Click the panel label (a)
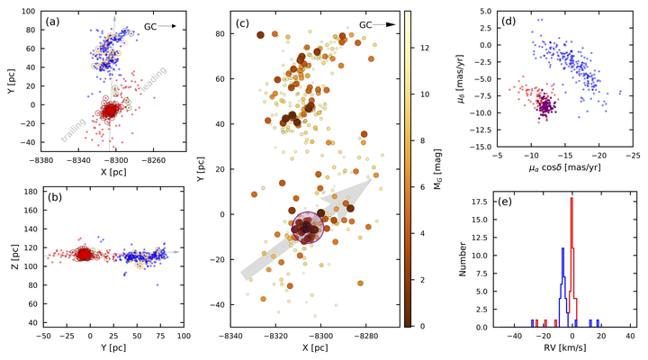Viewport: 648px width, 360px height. (x=52, y=21)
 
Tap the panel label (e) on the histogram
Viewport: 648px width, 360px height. (x=505, y=202)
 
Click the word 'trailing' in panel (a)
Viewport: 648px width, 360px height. (x=73, y=130)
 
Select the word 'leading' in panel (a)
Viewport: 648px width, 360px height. (x=154, y=79)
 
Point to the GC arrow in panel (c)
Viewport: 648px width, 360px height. (x=385, y=24)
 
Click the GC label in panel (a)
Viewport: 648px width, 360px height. (x=150, y=26)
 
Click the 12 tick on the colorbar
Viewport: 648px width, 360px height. (x=425, y=48)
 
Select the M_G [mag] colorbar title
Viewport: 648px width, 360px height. (x=437, y=169)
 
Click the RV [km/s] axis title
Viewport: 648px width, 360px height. (x=562, y=347)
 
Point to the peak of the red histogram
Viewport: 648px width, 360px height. (x=571, y=198)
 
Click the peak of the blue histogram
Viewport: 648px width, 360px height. (x=562, y=248)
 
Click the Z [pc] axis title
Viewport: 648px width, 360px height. (x=15, y=257)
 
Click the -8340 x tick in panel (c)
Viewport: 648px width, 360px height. (x=231, y=337)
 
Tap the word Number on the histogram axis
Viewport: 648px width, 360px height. (x=463, y=259)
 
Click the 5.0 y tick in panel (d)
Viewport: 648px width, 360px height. (x=486, y=11)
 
